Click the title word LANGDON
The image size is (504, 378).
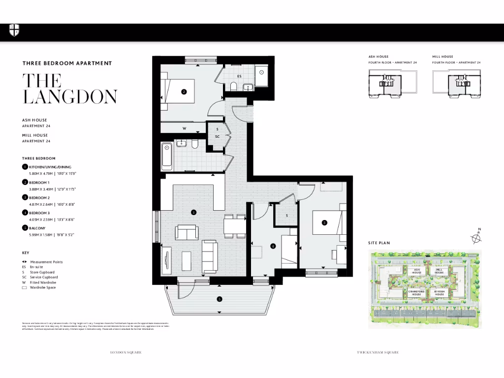click(x=70, y=96)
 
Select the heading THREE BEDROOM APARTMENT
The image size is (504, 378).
click(x=67, y=63)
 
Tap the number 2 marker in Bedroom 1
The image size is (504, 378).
click(x=184, y=91)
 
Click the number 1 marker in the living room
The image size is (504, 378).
click(x=193, y=213)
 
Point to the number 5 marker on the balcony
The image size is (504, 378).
click(x=220, y=299)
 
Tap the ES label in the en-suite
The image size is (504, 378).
click(x=239, y=76)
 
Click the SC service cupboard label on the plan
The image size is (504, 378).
click(x=217, y=136)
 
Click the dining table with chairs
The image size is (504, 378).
click(x=234, y=226)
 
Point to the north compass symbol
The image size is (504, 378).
click(x=476, y=238)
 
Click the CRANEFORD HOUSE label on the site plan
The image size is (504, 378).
click(x=416, y=293)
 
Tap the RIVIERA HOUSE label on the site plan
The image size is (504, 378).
click(x=439, y=293)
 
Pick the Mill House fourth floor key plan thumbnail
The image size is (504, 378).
click(x=456, y=83)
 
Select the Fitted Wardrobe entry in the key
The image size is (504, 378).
click(x=43, y=283)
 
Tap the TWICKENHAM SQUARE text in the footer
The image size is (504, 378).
click(x=378, y=352)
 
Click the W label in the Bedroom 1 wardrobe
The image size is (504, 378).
click(x=184, y=128)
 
